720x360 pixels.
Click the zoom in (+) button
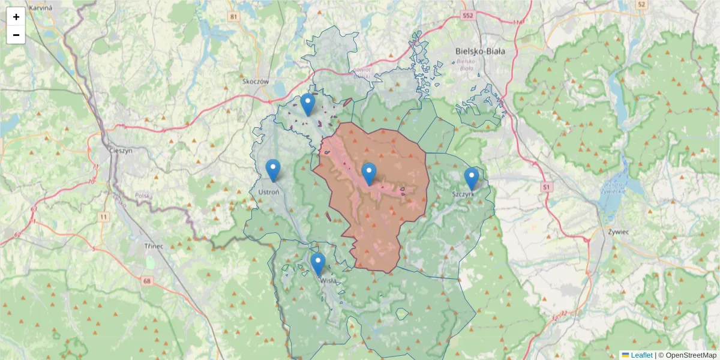[16, 17]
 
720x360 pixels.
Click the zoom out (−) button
[16, 35]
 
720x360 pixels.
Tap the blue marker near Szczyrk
[472, 178]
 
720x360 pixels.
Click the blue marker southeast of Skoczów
[308, 104]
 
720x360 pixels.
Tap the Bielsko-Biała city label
[480, 52]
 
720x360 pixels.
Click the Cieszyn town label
[121, 151]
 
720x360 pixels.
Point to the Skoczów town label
[256, 81]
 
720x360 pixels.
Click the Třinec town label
[154, 246]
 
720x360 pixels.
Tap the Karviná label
[40, 7]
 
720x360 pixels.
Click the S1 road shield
[546, 187]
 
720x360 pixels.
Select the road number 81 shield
[233, 16]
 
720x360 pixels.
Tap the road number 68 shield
[148, 280]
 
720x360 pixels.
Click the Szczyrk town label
[464, 194]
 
